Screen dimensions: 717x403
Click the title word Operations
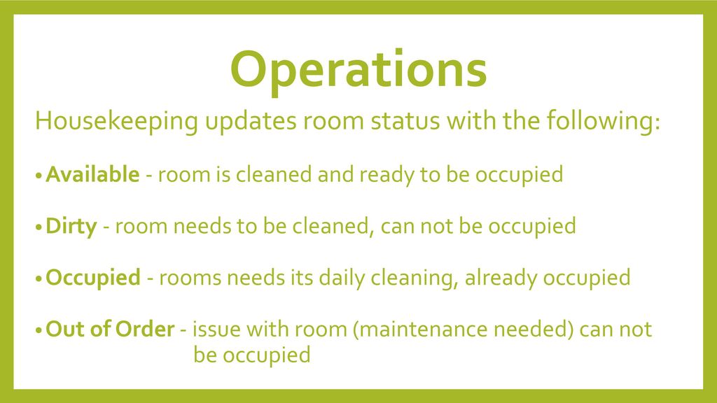coord(358,71)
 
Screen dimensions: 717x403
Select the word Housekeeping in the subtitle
coord(117,122)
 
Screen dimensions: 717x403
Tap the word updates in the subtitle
coord(251,122)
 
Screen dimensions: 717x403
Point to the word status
coord(405,121)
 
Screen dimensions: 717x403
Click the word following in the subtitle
coord(599,122)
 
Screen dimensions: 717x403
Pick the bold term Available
coord(92,174)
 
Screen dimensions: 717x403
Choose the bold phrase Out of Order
coord(110,329)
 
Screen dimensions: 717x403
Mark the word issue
coord(216,330)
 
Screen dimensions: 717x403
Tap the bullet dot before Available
coord(39,176)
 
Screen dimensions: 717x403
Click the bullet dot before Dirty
coord(39,227)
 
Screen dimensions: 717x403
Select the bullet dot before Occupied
coord(39,279)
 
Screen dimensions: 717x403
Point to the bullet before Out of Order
coord(39,331)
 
